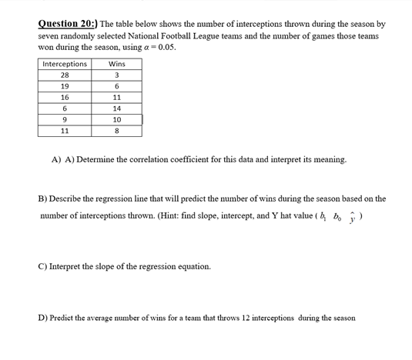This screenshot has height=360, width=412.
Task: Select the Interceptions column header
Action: [x=65, y=64]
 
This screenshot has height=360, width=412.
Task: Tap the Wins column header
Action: [x=117, y=64]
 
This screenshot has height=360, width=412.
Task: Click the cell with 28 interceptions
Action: [x=65, y=75]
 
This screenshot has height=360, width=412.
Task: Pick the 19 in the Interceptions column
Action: [x=65, y=86]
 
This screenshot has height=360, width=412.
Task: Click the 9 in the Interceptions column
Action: [x=65, y=119]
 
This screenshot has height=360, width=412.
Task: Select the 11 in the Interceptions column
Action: [x=65, y=131]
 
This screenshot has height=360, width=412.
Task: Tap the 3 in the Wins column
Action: [x=117, y=75]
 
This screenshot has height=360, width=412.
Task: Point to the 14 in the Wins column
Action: [x=117, y=108]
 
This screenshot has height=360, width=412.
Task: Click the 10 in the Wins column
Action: [x=117, y=119]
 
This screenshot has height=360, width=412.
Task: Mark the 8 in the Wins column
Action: [x=117, y=131]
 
